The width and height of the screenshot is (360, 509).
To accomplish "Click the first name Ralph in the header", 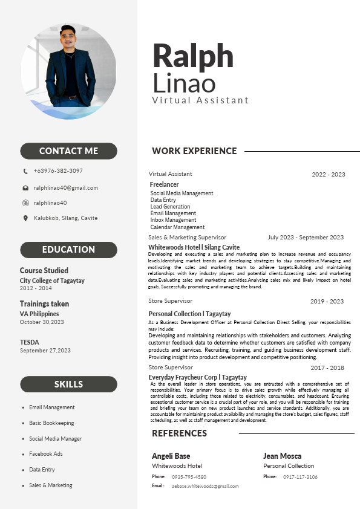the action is point(193,56).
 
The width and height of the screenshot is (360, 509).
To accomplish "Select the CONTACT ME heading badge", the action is point(68,151).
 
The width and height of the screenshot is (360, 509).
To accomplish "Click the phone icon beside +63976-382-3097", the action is point(25,172).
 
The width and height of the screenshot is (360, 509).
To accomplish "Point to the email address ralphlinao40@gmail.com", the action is point(66,188).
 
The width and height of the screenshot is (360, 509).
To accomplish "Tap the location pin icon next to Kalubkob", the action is point(25,218).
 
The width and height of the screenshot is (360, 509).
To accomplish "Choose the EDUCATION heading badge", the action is point(68,250).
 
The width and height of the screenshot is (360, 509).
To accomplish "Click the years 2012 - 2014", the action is point(36,288).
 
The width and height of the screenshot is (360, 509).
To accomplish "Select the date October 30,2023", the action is point(42,322).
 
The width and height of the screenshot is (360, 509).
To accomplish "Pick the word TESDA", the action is point(30,342).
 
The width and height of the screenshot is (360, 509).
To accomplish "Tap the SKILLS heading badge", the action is point(68,384).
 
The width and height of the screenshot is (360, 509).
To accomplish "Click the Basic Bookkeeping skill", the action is point(51,423).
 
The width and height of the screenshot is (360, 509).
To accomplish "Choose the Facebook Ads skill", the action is point(46,454).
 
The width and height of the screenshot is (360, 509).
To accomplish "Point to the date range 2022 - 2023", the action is point(329,175).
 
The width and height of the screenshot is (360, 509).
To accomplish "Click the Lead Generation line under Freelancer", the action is point(170,207).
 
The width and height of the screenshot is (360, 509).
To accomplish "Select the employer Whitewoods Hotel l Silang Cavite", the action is point(194,247).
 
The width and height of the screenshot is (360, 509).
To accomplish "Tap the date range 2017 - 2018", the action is point(327,368).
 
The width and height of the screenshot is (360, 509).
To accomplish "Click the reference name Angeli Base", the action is point(171,456).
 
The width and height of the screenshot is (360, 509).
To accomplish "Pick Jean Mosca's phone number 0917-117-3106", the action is point(300,477).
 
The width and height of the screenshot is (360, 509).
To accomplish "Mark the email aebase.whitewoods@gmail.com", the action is point(205,486).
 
